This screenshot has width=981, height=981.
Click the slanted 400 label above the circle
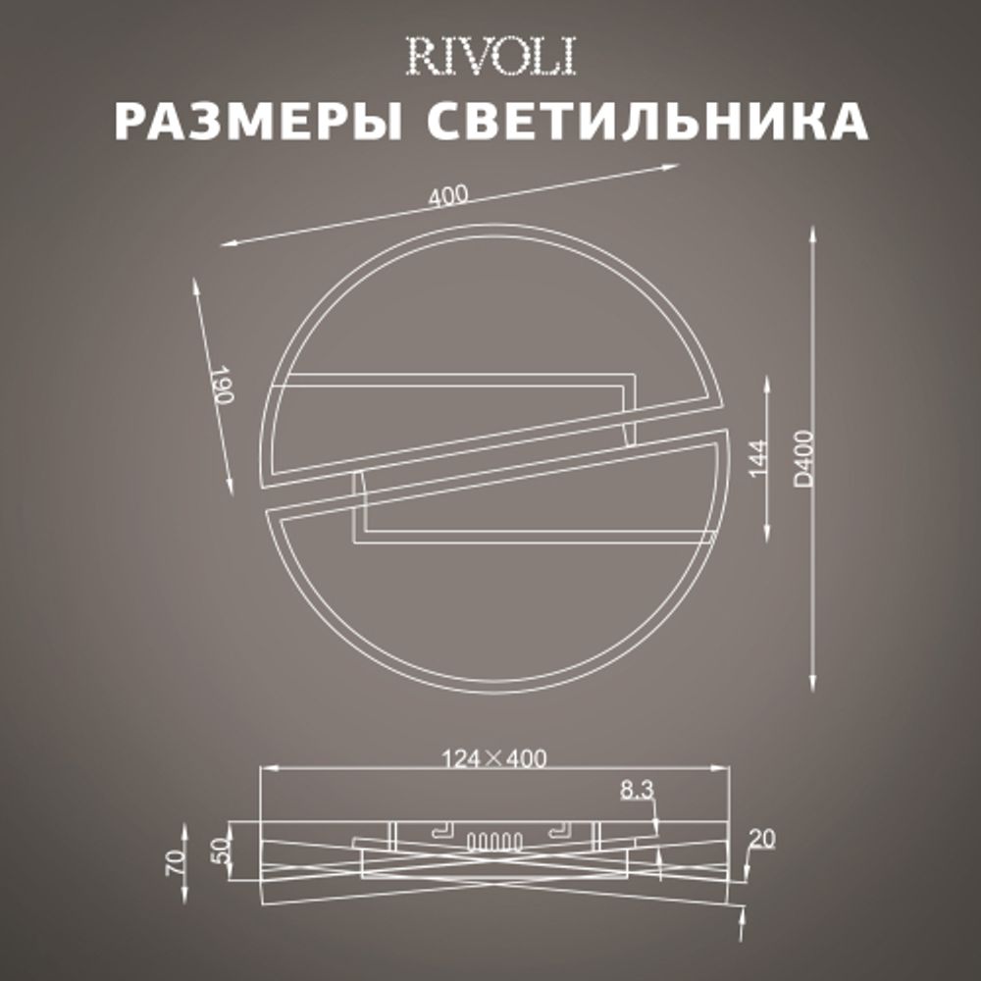[447, 195]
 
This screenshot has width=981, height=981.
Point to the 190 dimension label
[222, 387]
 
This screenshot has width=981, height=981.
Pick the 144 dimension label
[781, 457]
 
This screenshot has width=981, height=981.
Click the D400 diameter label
[804, 457]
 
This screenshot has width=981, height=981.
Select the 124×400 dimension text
[493, 757]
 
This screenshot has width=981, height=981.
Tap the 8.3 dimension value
[637, 790]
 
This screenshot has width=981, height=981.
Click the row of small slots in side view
[490, 841]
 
